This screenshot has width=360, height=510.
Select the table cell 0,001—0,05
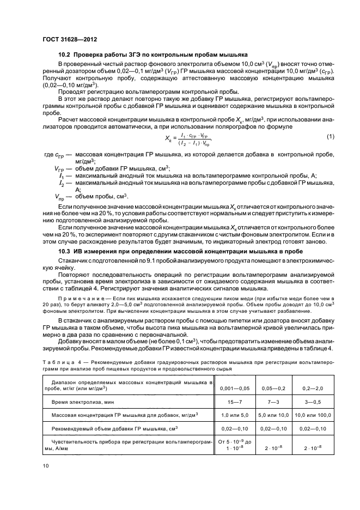click(234, 387)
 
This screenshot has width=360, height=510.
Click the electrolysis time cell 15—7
click(234, 402)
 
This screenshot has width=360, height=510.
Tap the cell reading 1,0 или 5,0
click(234, 415)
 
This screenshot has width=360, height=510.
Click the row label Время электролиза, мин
click(83, 402)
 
